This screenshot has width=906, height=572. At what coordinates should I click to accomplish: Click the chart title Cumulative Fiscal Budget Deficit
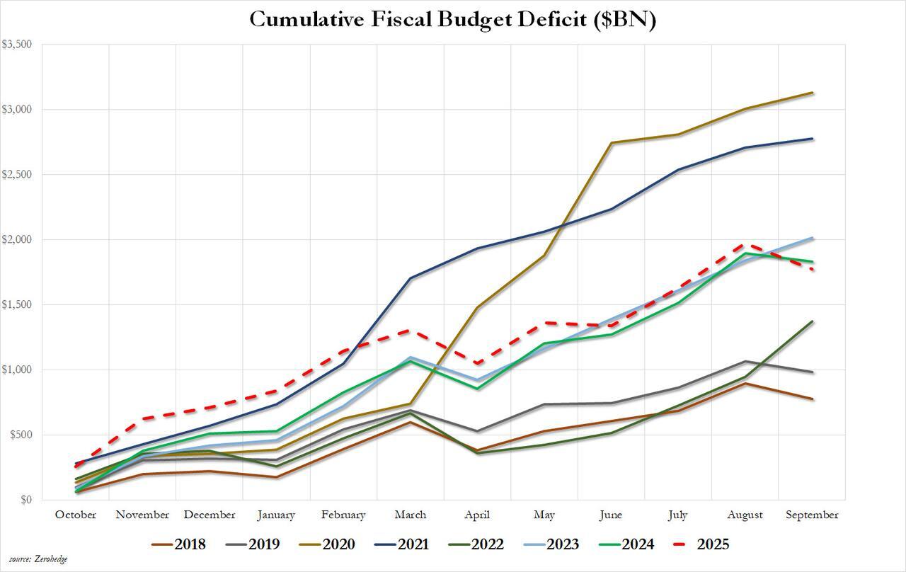point(453,20)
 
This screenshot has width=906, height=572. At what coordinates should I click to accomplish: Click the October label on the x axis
point(76,515)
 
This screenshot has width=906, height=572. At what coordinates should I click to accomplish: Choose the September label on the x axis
point(812,515)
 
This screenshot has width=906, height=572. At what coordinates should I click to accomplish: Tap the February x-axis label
point(343,515)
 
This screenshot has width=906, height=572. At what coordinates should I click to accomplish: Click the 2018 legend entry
point(178,544)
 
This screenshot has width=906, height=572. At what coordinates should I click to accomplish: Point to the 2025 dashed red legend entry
point(701,544)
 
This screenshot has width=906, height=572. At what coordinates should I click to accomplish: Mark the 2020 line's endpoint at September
point(812,93)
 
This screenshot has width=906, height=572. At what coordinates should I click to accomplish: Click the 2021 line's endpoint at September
point(812,139)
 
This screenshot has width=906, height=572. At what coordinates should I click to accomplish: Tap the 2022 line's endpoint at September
point(812,321)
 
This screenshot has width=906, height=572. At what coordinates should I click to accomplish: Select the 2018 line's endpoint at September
point(812,399)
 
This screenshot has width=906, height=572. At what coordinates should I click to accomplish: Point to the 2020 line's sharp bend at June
point(611,143)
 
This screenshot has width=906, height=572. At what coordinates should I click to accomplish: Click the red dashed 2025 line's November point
point(143,419)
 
